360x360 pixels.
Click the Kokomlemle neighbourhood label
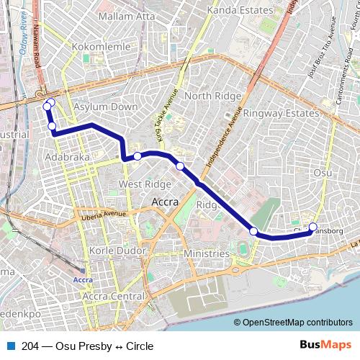[x=102, y=46]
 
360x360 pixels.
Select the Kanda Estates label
[x=240, y=10]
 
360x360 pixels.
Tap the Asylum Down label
[x=105, y=107]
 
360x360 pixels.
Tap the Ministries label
[x=206, y=254]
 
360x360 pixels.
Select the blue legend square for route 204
[x=10, y=346]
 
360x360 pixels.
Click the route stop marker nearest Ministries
[x=253, y=231]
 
